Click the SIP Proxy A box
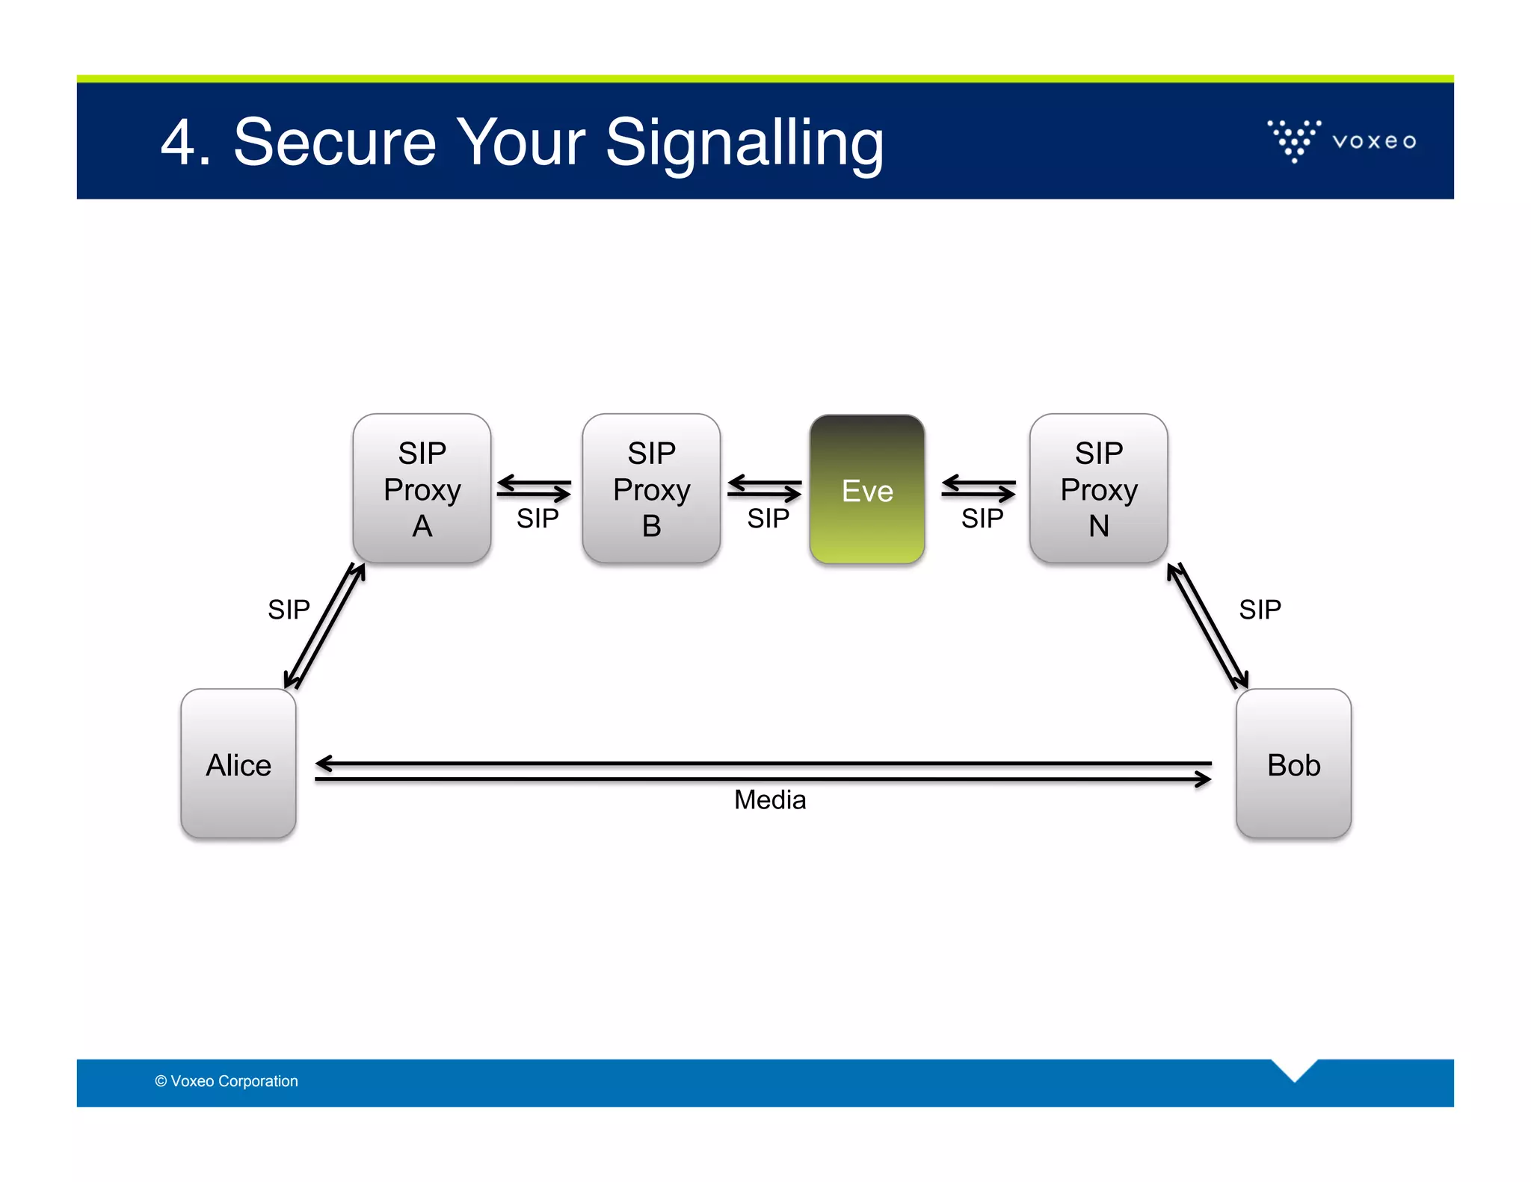tap(422, 489)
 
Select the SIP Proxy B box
tap(651, 489)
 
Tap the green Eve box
tap(867, 489)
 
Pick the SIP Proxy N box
tap(1098, 489)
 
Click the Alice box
tap(238, 764)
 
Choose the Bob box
tap(1293, 764)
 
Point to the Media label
tap(770, 800)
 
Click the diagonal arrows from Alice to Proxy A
tap(324, 626)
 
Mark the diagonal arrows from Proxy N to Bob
tap(1207, 626)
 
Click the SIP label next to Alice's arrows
tap(289, 610)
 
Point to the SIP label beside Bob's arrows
tap(1260, 610)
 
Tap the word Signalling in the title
tap(745, 143)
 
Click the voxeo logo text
tap(1374, 141)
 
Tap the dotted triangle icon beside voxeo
tap(1294, 140)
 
